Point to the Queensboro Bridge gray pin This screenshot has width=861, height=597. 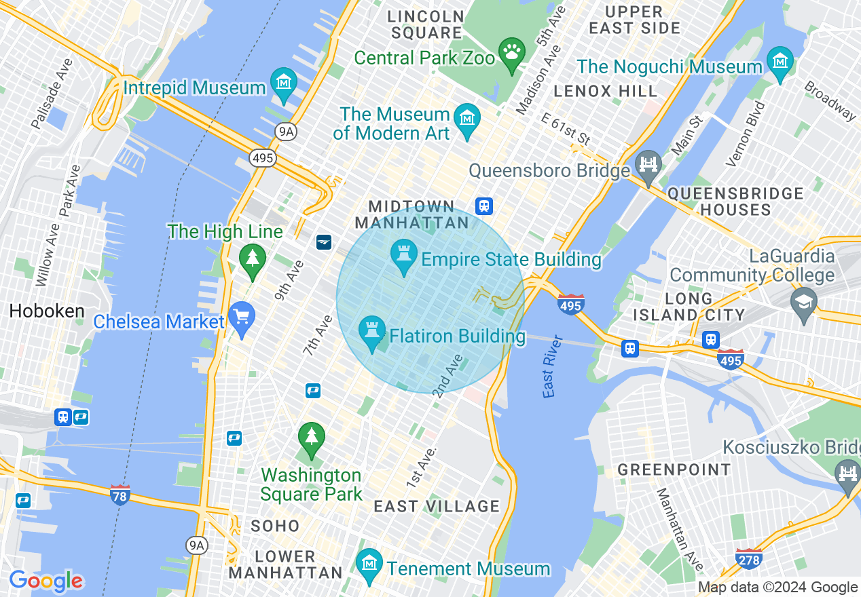(648, 166)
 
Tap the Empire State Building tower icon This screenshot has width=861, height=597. (405, 255)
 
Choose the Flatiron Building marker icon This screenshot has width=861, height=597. (371, 332)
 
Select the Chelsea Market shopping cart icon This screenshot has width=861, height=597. (242, 317)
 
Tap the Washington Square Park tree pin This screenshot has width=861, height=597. (311, 438)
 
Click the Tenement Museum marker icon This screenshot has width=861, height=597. (369, 564)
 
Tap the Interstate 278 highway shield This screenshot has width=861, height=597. (748, 559)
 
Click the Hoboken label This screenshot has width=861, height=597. (47, 311)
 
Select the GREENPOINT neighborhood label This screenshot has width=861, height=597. (674, 469)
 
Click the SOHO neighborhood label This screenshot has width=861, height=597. (275, 526)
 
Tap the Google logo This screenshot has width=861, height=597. (45, 581)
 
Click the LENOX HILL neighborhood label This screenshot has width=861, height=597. (605, 91)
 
